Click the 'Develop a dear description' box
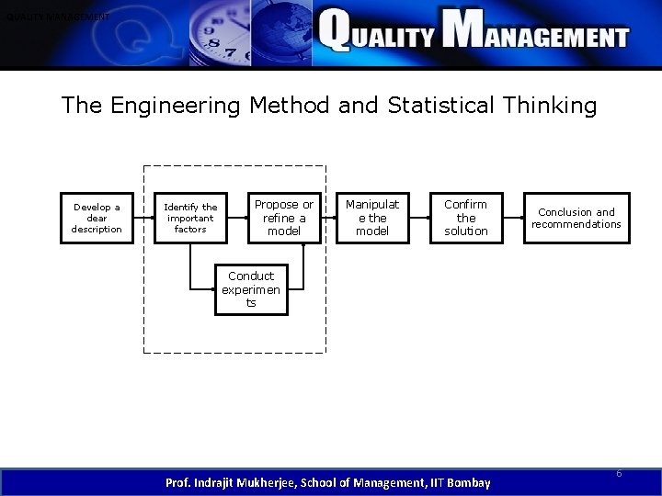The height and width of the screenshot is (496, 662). click(97, 219)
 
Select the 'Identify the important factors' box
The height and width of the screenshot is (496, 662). click(190, 219)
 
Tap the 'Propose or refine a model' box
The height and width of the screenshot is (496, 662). click(283, 218)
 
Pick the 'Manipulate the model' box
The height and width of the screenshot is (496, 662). click(372, 218)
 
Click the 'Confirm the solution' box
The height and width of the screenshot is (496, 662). click(466, 218)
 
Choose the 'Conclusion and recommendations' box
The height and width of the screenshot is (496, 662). click(576, 218)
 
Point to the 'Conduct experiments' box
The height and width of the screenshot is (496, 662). click(250, 289)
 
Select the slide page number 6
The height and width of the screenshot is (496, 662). click(619, 473)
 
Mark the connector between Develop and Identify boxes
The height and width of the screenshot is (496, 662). click(143, 219)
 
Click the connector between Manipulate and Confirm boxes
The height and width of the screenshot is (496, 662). click(419, 219)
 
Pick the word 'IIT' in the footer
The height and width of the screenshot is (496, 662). click(429, 482)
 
